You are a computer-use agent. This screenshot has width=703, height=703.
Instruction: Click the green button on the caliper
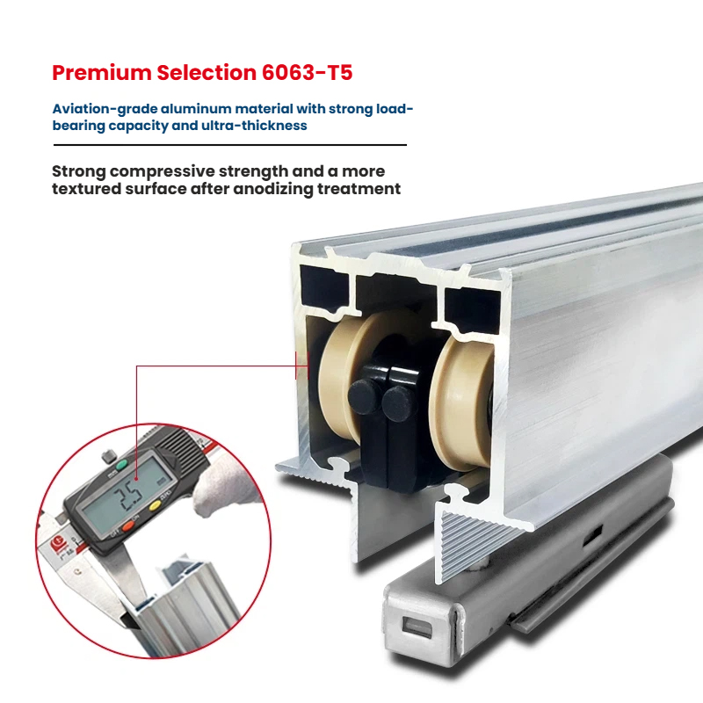[122, 465]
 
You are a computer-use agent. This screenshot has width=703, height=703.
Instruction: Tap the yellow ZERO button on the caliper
[155, 507]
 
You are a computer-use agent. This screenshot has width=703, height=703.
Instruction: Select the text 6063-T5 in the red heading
[307, 73]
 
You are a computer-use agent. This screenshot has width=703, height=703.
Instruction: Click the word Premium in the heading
[102, 73]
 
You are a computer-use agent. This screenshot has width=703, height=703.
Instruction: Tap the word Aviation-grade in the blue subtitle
[105, 109]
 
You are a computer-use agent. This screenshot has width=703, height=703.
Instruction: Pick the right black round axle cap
[398, 403]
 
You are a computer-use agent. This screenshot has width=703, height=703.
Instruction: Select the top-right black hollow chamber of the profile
[472, 310]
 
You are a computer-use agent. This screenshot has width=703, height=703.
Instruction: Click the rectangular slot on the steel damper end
[417, 627]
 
